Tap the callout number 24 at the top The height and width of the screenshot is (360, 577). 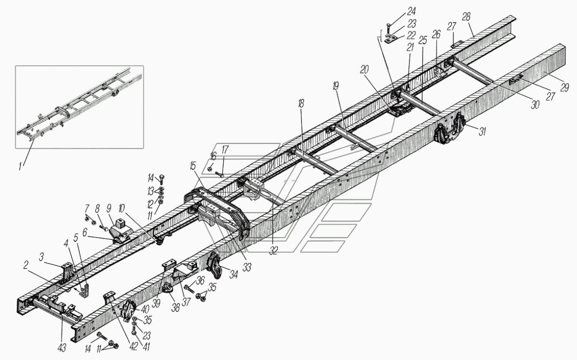(x=399, y=10)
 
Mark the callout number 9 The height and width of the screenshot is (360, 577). (x=109, y=209)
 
